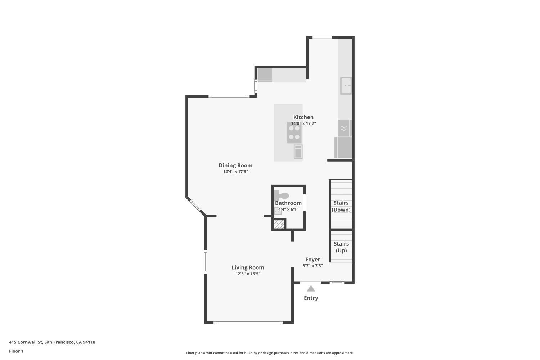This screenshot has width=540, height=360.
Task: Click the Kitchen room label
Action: point(303,117)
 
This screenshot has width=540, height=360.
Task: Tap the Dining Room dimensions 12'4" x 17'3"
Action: point(235,172)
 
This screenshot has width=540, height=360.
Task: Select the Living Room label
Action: point(248,267)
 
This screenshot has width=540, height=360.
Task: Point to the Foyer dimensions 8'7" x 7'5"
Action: point(313,266)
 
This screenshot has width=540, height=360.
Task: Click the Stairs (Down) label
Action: point(341,206)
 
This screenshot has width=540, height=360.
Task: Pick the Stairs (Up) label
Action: point(341,247)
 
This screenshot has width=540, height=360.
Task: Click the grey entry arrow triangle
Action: point(311,289)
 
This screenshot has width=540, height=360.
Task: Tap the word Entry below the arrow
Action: point(311,298)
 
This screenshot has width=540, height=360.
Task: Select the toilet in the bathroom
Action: point(282,195)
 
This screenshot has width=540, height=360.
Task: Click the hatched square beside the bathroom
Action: point(279,224)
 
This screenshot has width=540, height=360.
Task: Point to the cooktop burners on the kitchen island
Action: point(294,132)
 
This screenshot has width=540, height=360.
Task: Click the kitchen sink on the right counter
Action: point(346,86)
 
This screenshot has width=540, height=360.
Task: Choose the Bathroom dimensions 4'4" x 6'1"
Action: point(288,209)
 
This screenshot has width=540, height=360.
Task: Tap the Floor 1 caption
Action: point(16,351)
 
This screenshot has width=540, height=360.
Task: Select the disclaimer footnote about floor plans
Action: point(270,353)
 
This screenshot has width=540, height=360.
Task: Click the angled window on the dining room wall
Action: point(195,205)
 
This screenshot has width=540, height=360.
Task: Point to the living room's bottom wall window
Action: point(248,323)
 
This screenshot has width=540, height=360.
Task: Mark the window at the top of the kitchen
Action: point(322,37)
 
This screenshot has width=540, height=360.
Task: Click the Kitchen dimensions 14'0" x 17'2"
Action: point(303,123)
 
